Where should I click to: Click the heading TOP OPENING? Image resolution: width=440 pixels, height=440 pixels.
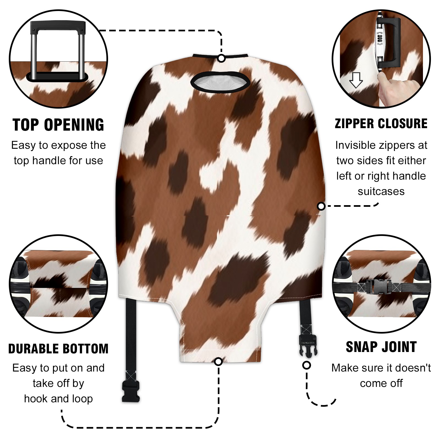[x=58, y=125]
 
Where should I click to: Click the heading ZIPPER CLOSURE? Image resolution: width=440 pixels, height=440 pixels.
[x=381, y=123]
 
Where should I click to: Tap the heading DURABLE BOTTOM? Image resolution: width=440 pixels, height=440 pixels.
[x=58, y=349]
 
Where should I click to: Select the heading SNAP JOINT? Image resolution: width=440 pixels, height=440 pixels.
[x=381, y=347]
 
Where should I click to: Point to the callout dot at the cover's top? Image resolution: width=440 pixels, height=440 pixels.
[x=221, y=58]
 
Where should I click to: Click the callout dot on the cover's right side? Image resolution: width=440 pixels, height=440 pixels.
[x=321, y=206]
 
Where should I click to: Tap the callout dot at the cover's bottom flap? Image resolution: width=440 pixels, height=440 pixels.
[x=218, y=361]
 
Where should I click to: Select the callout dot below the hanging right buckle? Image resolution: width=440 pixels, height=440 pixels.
[x=307, y=365]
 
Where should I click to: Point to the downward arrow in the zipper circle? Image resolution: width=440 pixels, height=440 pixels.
[x=356, y=80]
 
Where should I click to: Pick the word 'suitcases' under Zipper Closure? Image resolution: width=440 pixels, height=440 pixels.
[x=381, y=191]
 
